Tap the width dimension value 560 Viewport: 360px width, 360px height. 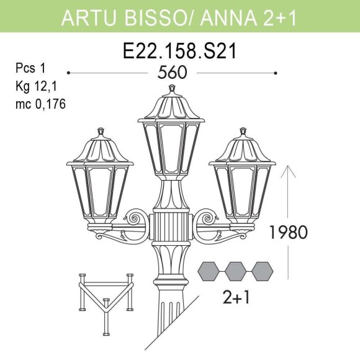172,73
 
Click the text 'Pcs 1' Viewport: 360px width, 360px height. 31,68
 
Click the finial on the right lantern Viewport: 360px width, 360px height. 241,132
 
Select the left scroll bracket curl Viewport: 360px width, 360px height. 135,218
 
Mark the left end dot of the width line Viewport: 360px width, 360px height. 68,73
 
